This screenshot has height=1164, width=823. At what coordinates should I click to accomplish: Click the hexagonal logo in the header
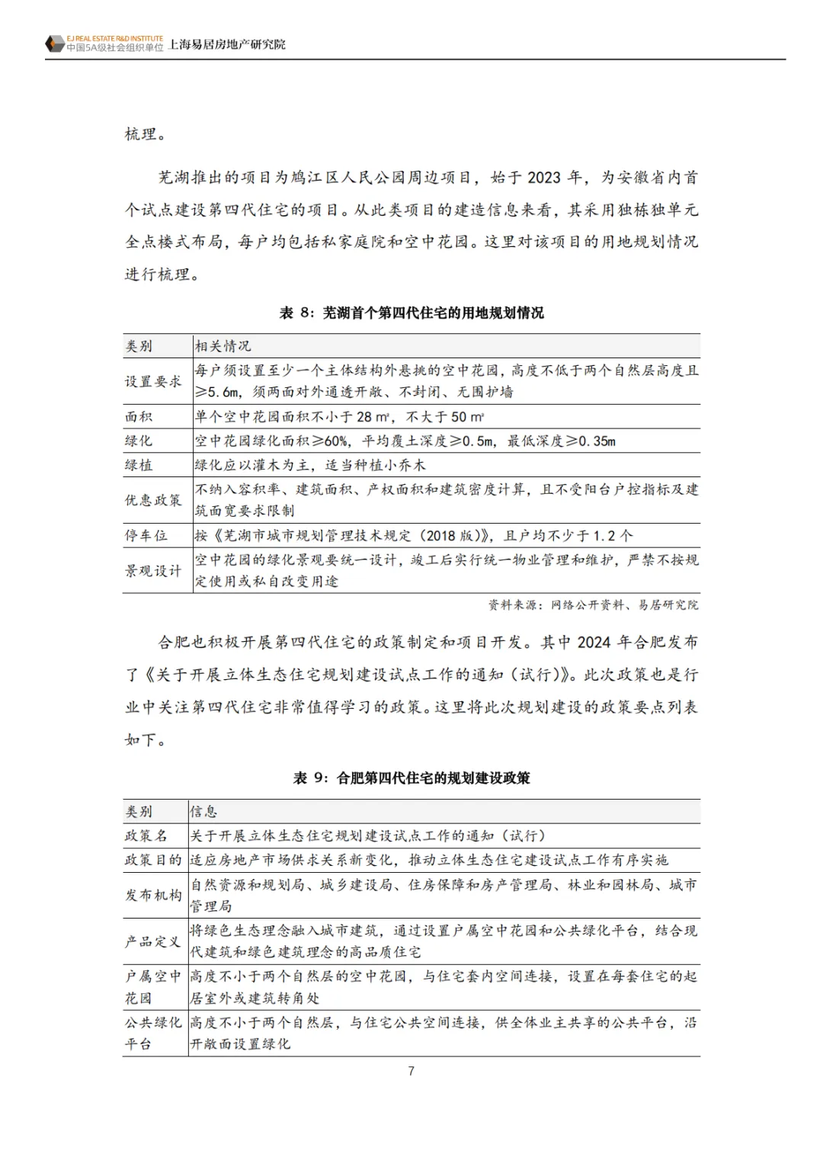(54, 43)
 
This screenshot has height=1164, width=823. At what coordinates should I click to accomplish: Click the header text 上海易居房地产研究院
(226, 45)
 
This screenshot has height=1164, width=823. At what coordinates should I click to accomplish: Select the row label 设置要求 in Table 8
(154, 381)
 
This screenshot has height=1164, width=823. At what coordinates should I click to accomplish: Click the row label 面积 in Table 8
(139, 416)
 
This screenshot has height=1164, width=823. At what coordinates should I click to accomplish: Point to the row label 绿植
(139, 465)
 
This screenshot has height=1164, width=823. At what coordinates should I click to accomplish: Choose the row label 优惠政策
(154, 500)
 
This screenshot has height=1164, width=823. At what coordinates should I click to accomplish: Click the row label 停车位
(146, 535)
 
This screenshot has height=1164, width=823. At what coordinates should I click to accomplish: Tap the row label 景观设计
(154, 570)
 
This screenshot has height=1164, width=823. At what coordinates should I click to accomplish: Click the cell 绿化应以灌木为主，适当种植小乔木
(310, 465)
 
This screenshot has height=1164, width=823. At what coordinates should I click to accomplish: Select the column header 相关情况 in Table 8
(223, 346)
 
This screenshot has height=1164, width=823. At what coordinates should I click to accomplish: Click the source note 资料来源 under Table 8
(593, 604)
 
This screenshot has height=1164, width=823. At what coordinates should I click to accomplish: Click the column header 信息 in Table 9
(203, 812)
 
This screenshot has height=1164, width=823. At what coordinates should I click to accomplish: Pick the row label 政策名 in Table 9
(146, 836)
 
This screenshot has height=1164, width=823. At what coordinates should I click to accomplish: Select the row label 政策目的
(154, 860)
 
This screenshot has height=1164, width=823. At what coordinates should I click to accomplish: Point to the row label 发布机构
(154, 895)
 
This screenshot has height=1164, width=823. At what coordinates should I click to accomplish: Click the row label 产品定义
(154, 941)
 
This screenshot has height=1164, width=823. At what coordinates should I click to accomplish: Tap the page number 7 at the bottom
(411, 1071)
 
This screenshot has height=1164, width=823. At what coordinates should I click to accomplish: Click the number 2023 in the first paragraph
(543, 178)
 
